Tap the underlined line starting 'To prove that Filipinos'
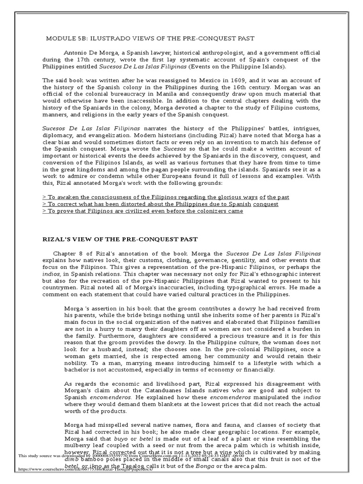point(143,211)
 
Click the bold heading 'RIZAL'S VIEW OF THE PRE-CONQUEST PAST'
point(120,240)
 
